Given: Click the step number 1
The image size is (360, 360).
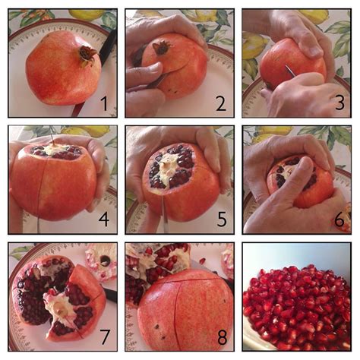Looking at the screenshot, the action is [x=104, y=104].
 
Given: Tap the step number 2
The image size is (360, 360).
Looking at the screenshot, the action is [x=221, y=104].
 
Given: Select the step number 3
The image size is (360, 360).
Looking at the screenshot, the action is [x=339, y=103].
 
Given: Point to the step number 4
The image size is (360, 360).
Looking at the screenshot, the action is [x=104, y=219].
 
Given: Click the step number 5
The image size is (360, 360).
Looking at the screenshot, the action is [x=222, y=219].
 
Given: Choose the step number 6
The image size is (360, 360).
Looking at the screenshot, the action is [x=339, y=219].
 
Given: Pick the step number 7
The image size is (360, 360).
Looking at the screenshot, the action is [x=105, y=337].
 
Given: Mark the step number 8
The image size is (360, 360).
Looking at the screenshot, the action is [x=222, y=337].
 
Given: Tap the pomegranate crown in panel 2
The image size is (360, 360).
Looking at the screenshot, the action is [x=160, y=48].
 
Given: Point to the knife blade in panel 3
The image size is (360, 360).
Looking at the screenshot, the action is [x=290, y=71].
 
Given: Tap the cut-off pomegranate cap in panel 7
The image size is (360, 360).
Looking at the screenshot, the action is [x=101, y=262].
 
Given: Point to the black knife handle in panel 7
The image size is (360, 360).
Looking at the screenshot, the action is [x=111, y=295].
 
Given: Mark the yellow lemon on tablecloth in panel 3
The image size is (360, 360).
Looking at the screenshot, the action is [x=254, y=46].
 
